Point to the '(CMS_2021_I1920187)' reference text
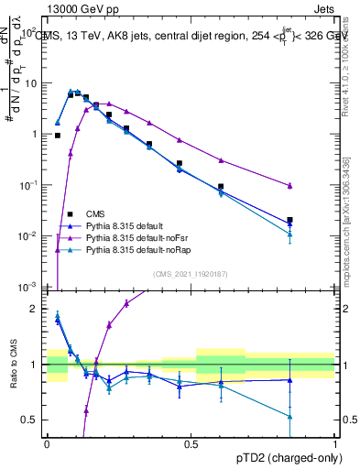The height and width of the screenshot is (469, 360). (x=191, y=273)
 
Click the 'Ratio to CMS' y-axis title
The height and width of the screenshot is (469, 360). (x=12, y=366)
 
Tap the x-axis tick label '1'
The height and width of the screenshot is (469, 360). (x=335, y=444)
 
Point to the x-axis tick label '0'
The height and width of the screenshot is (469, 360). (x=46, y=444)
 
